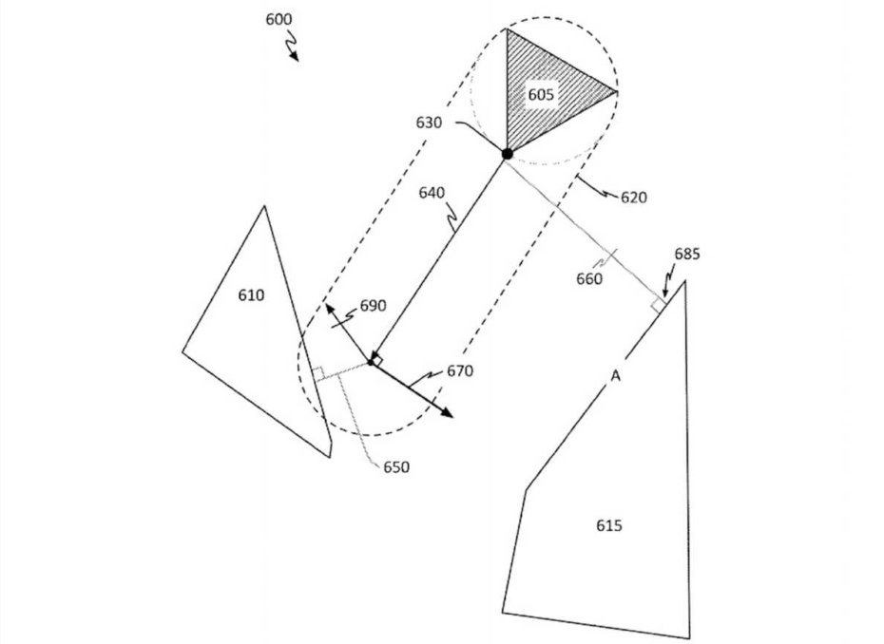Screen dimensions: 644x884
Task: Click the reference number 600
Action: pyautogui.click(x=279, y=18)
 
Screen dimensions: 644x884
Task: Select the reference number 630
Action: pyautogui.click(x=430, y=123)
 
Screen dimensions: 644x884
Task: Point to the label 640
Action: pyautogui.click(x=431, y=193)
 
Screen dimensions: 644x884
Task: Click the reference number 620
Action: pyautogui.click(x=633, y=198)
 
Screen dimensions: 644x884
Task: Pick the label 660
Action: pyautogui.click(x=589, y=278)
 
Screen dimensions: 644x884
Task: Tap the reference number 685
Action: pyautogui.click(x=686, y=254)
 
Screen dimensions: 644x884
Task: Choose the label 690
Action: pyautogui.click(x=373, y=307)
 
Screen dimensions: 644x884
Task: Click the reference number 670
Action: pyautogui.click(x=460, y=370)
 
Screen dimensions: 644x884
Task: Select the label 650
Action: pyautogui.click(x=396, y=467)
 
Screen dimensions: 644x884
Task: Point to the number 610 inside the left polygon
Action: pyautogui.click(x=251, y=295)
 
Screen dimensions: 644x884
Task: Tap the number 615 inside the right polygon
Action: pyautogui.click(x=609, y=525)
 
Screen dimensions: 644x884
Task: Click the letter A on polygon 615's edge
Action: pyautogui.click(x=615, y=377)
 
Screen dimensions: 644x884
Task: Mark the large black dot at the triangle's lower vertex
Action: pyautogui.click(x=508, y=153)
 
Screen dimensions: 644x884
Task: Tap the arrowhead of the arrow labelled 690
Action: pyautogui.click(x=328, y=308)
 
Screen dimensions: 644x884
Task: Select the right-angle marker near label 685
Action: pyautogui.click(x=657, y=305)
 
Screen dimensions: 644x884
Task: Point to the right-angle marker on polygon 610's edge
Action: pyautogui.click(x=319, y=373)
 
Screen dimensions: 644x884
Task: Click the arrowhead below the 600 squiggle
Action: pyautogui.click(x=296, y=57)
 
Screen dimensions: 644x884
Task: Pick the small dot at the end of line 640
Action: pyautogui.click(x=371, y=361)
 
